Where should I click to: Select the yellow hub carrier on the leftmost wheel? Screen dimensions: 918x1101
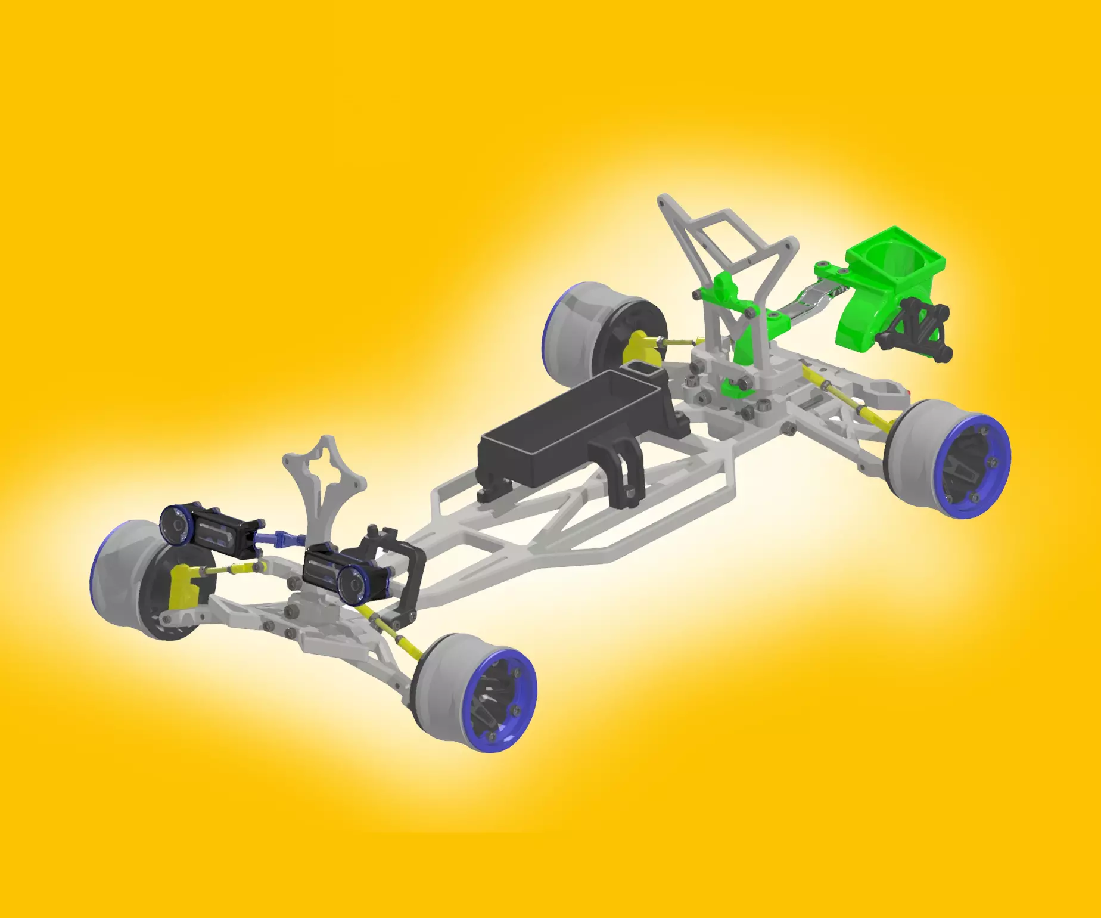click(x=183, y=587)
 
